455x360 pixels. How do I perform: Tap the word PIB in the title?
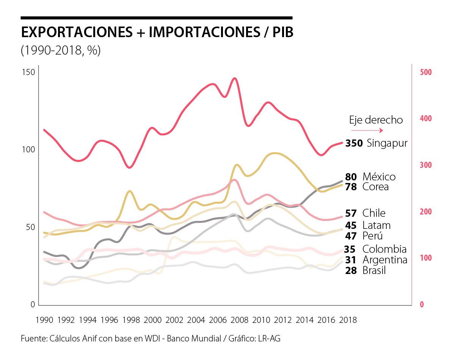click(283, 33)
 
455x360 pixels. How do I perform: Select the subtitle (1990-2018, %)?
click(61, 50)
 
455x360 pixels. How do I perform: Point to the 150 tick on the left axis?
click(30, 72)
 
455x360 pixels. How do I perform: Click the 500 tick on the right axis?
click(426, 72)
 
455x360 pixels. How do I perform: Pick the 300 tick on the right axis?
click(426, 165)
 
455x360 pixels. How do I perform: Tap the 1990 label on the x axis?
click(44, 320)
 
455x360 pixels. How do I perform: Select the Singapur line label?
click(387, 143)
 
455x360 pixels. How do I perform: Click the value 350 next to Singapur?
click(354, 143)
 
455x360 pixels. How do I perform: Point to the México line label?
click(379, 177)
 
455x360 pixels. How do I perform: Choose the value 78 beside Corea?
click(351, 187)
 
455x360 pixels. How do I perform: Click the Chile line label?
click(374, 213)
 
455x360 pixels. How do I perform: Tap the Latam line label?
click(376, 225)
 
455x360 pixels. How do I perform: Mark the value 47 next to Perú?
click(351, 236)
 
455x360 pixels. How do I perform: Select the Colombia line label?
click(384, 249)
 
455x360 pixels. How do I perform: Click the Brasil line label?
click(374, 271)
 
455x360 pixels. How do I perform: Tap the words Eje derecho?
click(376, 120)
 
